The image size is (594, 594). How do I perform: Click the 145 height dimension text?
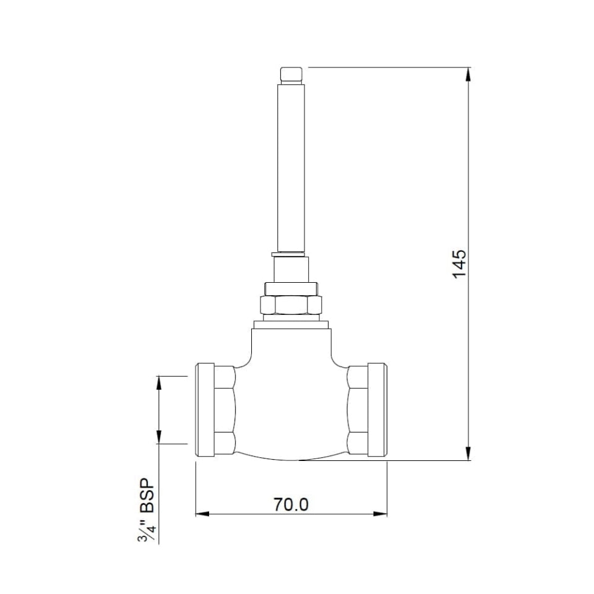click(458, 264)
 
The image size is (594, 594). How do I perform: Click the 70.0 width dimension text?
click(291, 504)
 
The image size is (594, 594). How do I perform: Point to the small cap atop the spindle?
click(291, 75)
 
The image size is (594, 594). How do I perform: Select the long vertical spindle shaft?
click(291, 167)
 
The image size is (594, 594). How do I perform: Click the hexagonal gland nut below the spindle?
click(291, 304)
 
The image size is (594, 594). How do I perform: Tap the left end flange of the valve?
click(204, 410)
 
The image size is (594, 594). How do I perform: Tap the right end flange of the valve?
click(377, 410)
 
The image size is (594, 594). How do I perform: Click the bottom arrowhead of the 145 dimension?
click(468, 453)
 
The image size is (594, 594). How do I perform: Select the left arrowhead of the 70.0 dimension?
click(203, 514)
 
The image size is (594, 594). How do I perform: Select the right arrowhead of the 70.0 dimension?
click(380, 514)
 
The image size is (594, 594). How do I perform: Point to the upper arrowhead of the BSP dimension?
click(159, 382)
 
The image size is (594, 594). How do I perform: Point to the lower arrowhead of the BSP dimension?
click(159, 437)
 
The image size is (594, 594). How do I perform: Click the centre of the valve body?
click(291, 402)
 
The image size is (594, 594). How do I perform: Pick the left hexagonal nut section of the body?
click(225, 410)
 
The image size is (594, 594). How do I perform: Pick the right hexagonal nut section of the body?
click(357, 410)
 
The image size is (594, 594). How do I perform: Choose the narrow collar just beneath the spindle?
click(291, 269)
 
